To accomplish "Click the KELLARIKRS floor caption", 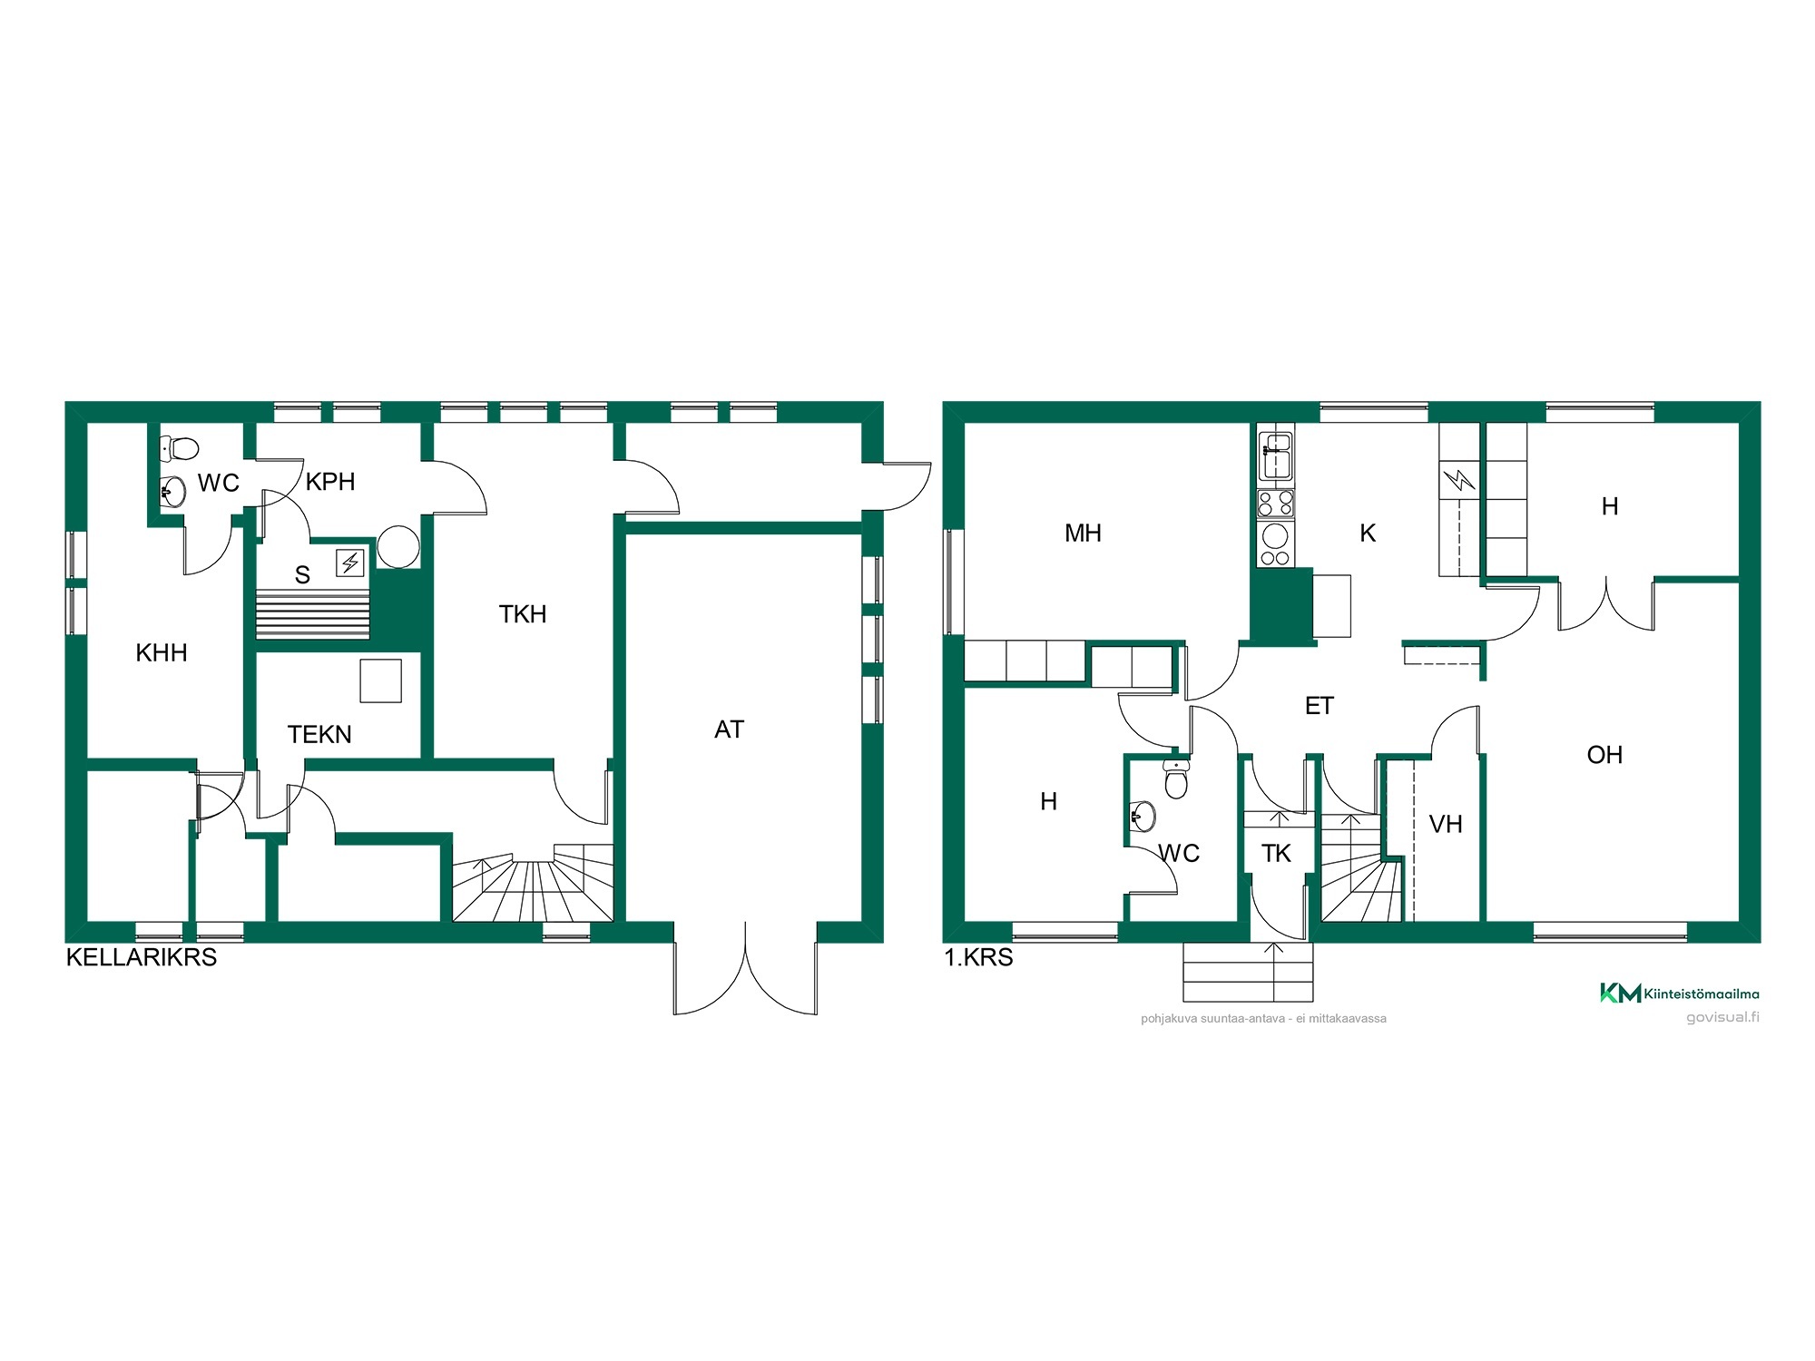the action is coord(142,957).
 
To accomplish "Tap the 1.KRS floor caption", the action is coord(978,957).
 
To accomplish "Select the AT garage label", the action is coord(729,729).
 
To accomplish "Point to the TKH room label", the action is coord(523,614).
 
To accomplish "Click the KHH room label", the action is coord(162,652).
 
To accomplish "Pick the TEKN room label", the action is coord(319,734).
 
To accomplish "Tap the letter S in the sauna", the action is coord(302,574).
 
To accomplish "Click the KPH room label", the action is coord(330,482).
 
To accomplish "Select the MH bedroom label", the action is coord(1083,533).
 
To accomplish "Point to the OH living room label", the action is coord(1604,755).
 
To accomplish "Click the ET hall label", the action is coord(1320,706).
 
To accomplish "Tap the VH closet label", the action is coord(1446,824).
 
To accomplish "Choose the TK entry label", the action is coord(1276,853).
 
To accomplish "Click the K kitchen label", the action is coord(1368,533).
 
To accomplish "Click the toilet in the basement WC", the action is coord(179,447).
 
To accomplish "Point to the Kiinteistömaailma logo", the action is coord(1679,993).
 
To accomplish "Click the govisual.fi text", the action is coord(1722,1017).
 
